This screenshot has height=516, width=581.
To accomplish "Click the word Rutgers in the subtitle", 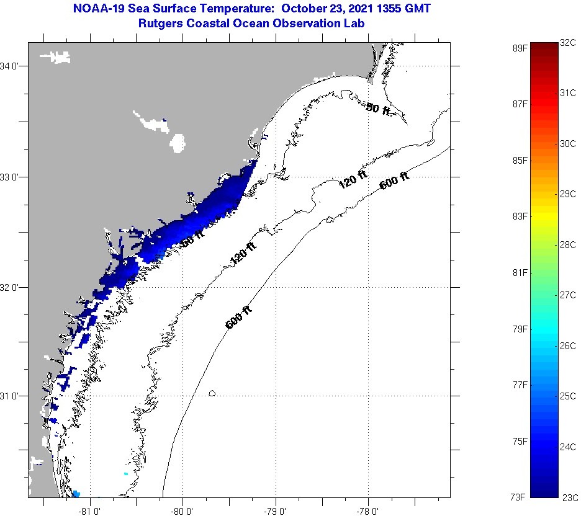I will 160,24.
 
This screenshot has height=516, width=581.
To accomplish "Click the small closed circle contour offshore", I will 212,393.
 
